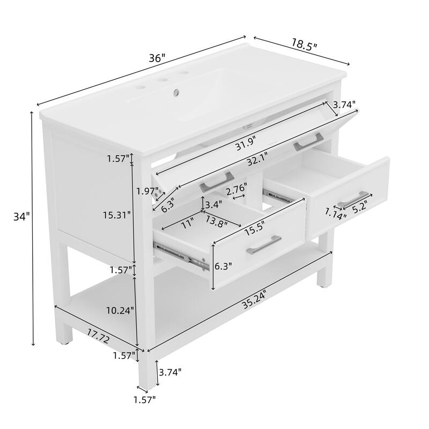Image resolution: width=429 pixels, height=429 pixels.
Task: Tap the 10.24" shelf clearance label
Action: coord(120,310)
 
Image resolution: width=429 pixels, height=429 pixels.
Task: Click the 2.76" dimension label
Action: coord(236,189)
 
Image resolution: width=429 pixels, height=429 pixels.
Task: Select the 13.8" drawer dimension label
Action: coord(217,222)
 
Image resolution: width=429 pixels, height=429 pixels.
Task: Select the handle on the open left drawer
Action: coord(263,244)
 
